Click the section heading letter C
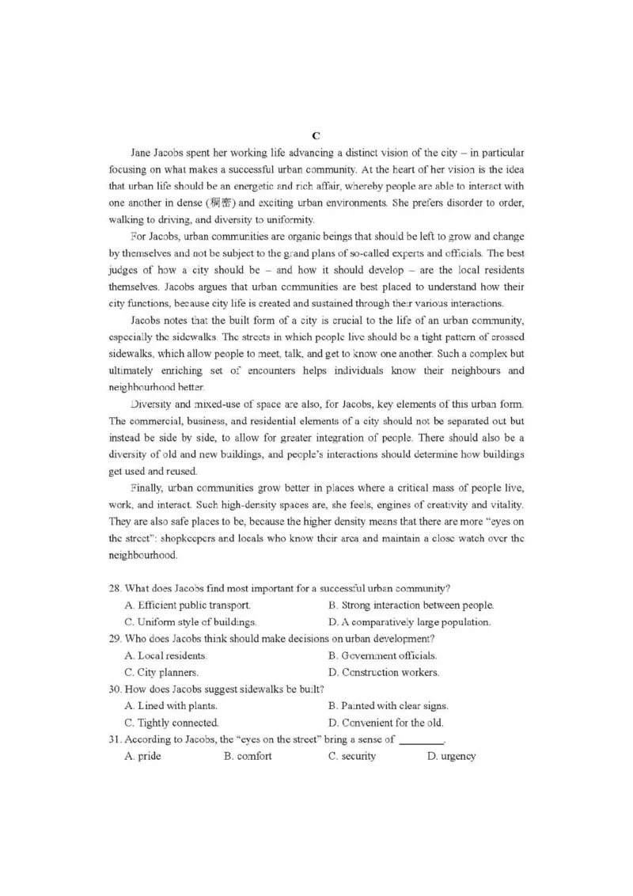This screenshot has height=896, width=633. point(316,136)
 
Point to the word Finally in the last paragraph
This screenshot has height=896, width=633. point(146,489)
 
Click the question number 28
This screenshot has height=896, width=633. point(115,588)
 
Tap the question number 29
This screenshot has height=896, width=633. point(115,639)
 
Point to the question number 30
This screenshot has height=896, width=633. point(115,689)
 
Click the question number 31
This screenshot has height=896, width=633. point(115,739)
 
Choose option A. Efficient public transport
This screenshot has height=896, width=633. point(188,606)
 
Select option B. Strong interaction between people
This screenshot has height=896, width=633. point(411,606)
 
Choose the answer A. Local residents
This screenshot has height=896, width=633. point(166,656)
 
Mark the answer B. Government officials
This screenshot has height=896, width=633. point(382,656)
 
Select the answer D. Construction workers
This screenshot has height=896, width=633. point(384,673)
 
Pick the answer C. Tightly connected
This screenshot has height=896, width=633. point(172,723)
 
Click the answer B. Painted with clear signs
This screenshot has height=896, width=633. point(388,706)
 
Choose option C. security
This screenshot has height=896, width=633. point(352,757)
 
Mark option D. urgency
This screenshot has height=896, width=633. point(451,757)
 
